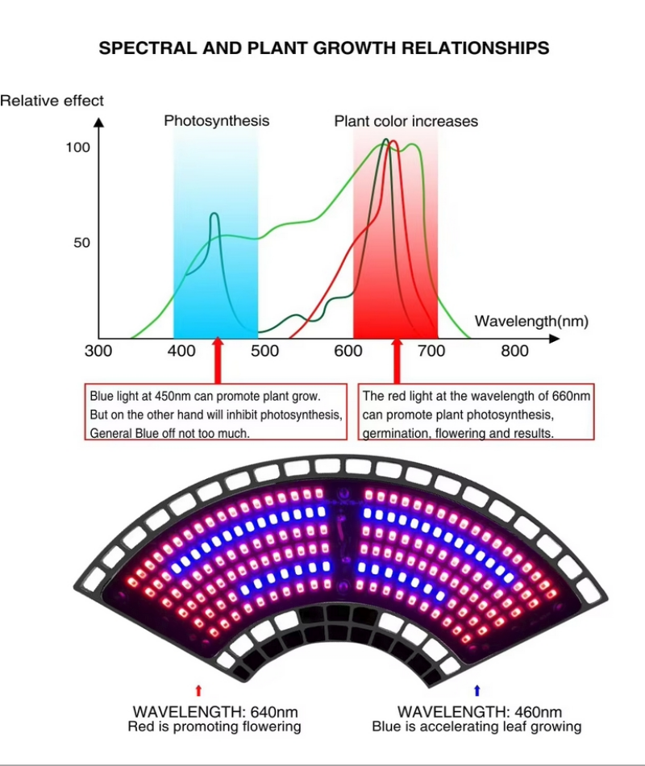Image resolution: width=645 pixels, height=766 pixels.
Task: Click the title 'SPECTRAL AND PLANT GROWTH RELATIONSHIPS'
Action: click(x=323, y=48)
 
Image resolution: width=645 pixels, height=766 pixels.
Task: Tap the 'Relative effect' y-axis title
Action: click(x=52, y=101)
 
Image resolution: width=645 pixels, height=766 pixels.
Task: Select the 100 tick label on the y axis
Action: click(x=78, y=148)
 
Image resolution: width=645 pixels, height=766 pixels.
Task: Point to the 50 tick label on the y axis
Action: click(x=81, y=243)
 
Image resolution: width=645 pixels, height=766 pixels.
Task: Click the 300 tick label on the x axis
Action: click(x=98, y=351)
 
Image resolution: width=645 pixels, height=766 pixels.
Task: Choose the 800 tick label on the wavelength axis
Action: click(x=514, y=351)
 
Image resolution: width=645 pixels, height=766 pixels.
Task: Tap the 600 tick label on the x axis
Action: click(x=347, y=351)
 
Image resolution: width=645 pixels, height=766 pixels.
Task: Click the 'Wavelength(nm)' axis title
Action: click(x=531, y=321)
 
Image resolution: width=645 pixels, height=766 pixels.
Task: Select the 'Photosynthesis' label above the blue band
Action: click(x=216, y=121)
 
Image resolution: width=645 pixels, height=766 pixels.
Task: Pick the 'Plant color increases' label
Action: click(x=406, y=122)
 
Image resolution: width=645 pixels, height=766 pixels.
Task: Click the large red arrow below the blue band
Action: click(x=217, y=360)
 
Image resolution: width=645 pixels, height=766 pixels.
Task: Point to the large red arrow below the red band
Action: click(x=396, y=360)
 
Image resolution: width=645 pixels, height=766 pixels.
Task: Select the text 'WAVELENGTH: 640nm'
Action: click(x=214, y=712)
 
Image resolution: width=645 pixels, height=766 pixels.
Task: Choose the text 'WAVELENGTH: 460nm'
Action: click(x=480, y=712)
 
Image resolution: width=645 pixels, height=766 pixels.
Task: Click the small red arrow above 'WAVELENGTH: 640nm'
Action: click(x=199, y=690)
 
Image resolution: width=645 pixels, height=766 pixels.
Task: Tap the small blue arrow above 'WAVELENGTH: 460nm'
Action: click(x=476, y=690)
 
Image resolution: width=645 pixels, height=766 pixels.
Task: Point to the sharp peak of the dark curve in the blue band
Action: click(x=214, y=214)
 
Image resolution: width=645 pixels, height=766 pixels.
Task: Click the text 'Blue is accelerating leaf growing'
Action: click(x=476, y=726)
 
